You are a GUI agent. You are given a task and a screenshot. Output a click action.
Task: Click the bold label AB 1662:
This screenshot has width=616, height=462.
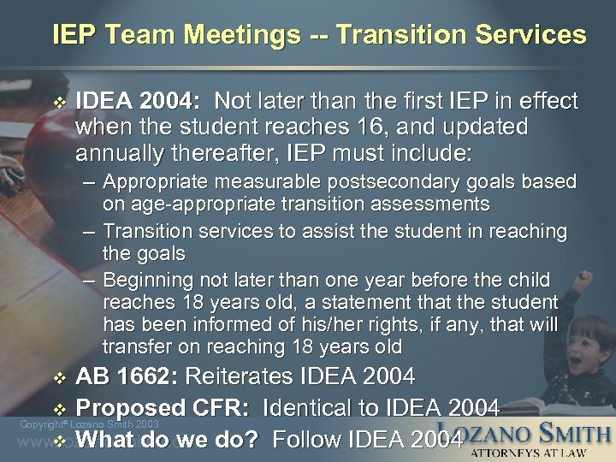point(127,376)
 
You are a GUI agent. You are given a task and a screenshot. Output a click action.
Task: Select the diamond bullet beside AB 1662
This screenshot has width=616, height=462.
point(59,377)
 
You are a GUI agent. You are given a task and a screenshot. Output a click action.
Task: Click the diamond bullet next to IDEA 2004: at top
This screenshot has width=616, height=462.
point(58,102)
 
